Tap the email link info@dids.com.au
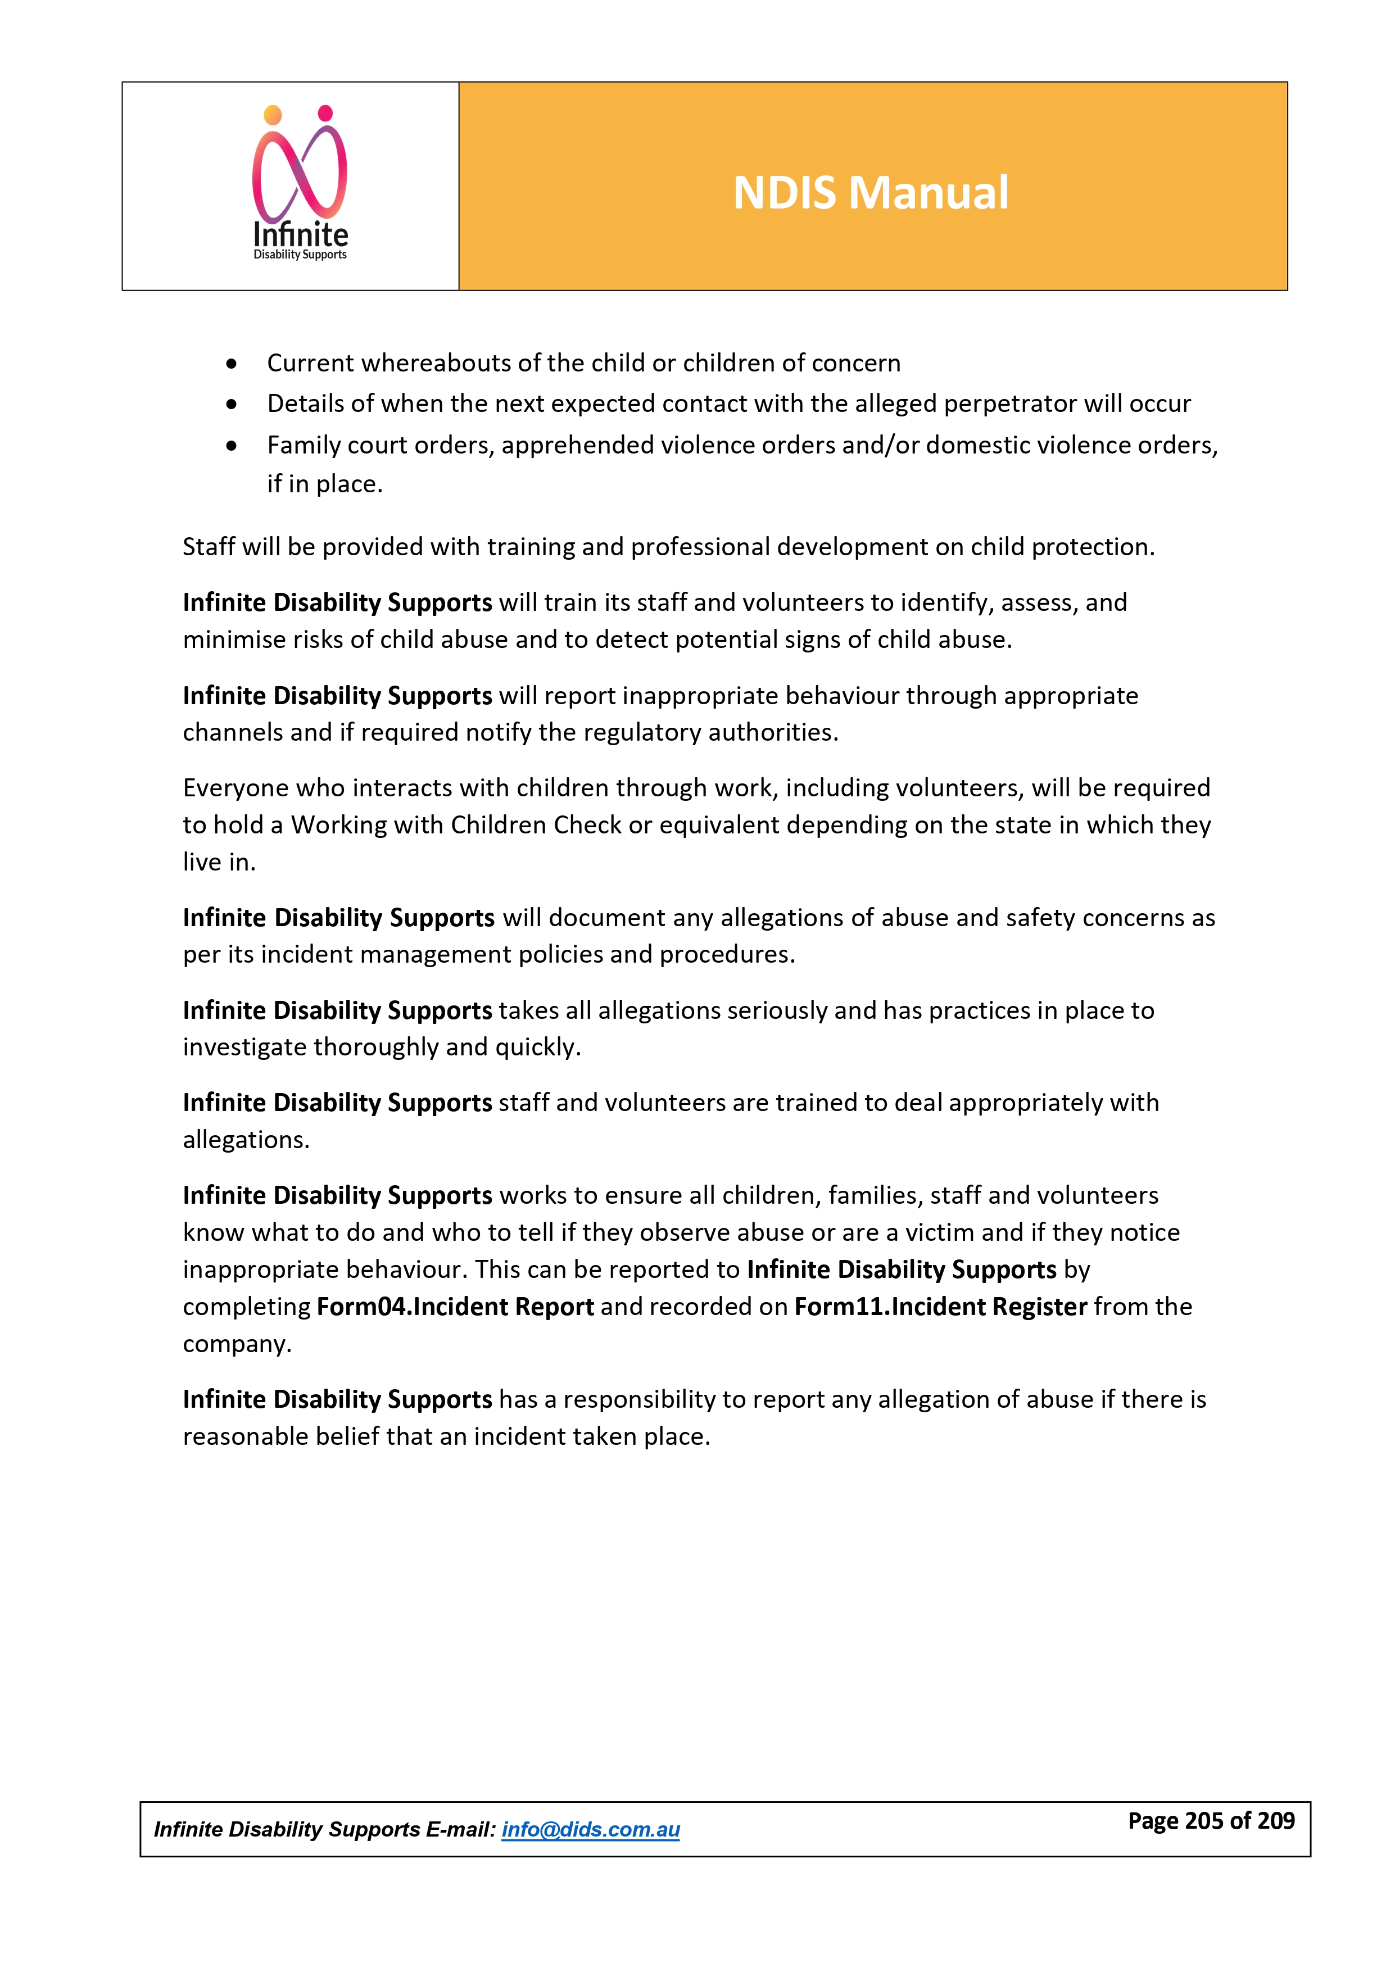point(590,1829)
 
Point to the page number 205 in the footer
point(1203,1820)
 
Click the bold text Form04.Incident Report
point(455,1307)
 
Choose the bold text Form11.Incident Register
point(941,1307)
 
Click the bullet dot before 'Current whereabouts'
point(231,364)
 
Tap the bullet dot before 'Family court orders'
point(231,446)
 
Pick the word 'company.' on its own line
point(237,1344)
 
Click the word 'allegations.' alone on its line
point(246,1140)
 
